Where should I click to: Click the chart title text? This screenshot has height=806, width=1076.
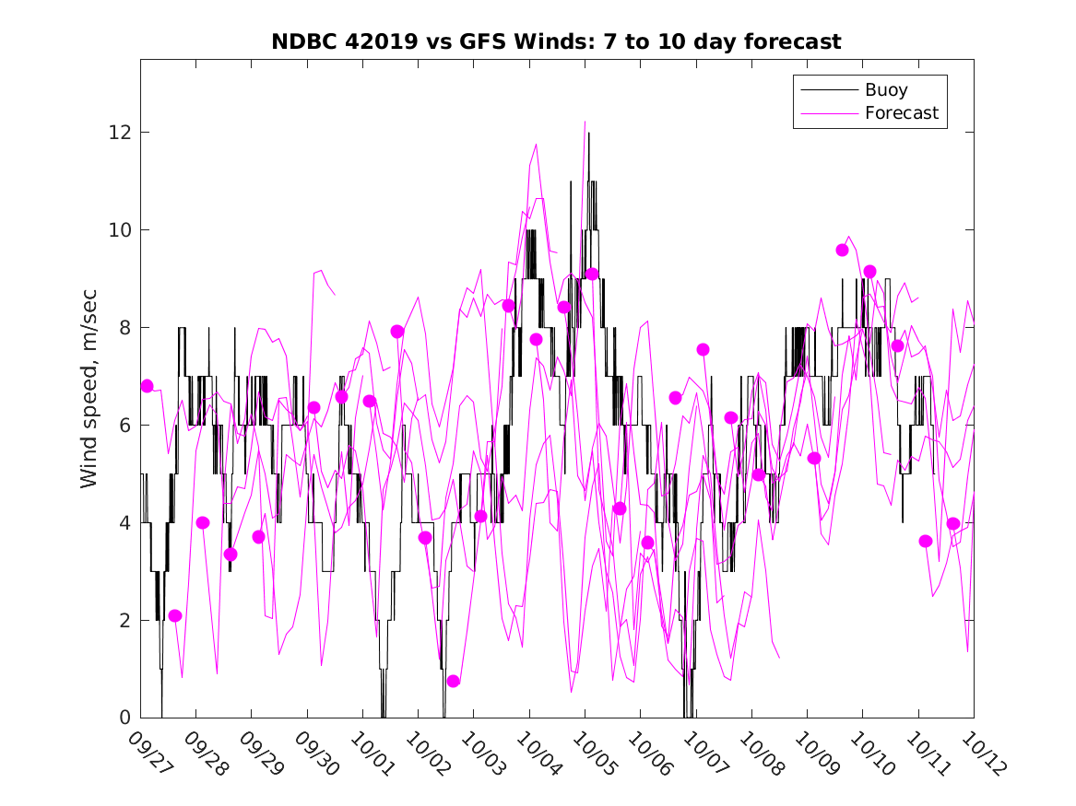tap(556, 42)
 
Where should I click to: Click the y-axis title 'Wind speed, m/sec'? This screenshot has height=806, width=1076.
tap(89, 388)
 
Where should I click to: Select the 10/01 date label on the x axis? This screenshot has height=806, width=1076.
tap(370, 753)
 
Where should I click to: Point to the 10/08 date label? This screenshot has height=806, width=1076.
tap(759, 753)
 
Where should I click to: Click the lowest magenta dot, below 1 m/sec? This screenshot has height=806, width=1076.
tap(453, 681)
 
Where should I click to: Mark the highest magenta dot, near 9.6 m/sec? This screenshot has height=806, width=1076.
tap(842, 250)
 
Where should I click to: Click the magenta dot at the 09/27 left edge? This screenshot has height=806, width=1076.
tap(147, 386)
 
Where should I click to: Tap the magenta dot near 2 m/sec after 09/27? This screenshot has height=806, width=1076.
tap(175, 615)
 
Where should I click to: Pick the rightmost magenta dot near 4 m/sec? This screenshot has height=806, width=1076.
tap(953, 523)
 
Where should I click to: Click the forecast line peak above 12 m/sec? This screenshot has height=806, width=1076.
tap(585, 122)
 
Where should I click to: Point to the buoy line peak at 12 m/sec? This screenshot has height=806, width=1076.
tap(588, 134)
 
